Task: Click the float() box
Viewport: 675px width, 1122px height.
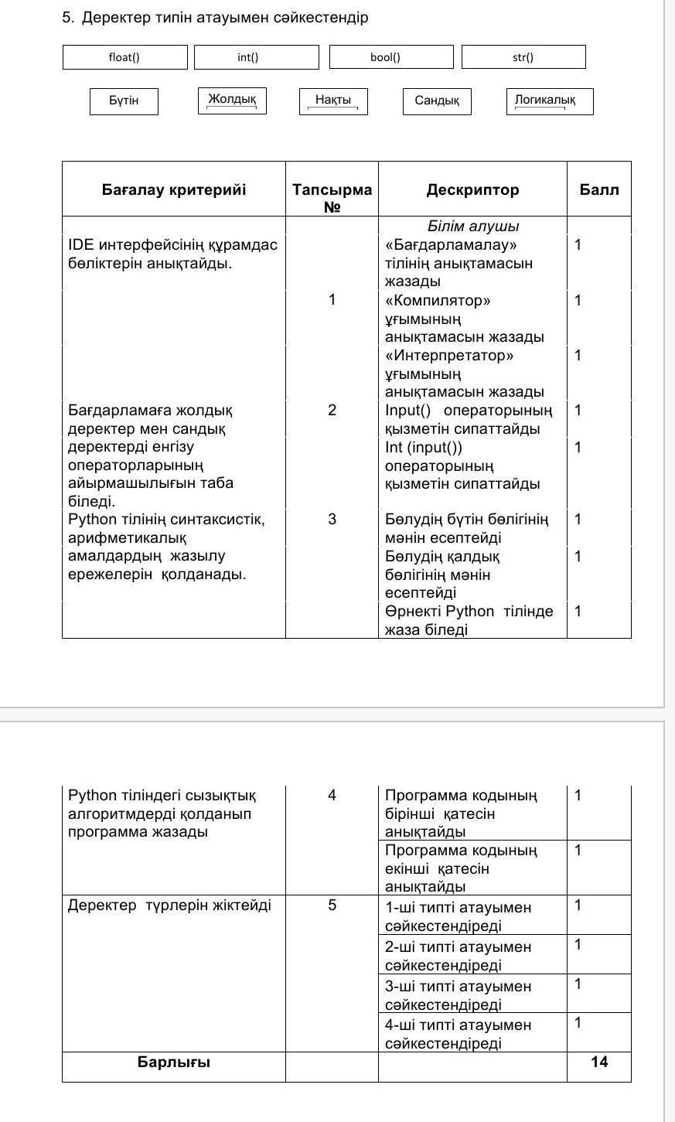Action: click(124, 57)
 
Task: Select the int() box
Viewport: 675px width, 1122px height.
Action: click(256, 57)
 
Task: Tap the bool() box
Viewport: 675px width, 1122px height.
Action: click(391, 57)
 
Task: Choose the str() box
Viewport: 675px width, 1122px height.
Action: click(523, 57)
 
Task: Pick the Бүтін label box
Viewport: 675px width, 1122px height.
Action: click(124, 101)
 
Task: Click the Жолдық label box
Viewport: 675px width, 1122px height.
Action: click(232, 101)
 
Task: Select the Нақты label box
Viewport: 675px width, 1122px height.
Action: click(333, 101)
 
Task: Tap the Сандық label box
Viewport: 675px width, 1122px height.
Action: click(437, 101)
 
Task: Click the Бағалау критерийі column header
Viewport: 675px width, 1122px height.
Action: click(174, 189)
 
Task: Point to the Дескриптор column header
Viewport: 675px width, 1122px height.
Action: click(472, 189)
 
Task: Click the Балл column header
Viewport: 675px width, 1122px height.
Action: click(599, 189)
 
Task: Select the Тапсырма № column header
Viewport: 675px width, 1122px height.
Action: click(332, 198)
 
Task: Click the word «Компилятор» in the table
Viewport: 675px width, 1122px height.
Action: click(438, 300)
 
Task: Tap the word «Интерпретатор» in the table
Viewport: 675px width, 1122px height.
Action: click(449, 356)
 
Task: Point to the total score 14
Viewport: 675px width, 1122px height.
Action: click(599, 1062)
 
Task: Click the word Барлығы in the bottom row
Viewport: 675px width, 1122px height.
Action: click(174, 1062)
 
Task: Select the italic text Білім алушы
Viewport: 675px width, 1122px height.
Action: click(473, 227)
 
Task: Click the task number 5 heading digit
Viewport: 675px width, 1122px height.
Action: click(67, 18)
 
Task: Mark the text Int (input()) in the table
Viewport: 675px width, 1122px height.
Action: click(424, 447)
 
